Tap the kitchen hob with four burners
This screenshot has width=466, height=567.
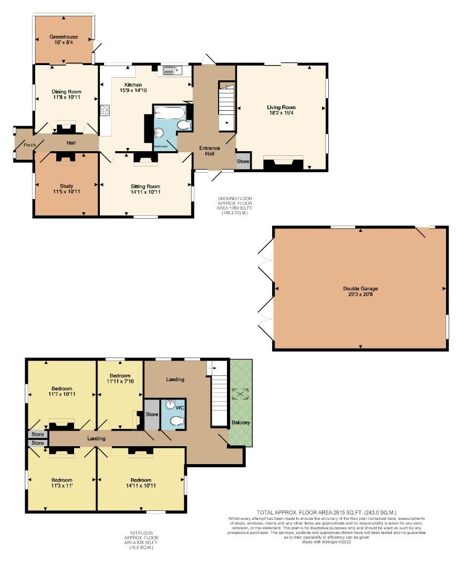105,110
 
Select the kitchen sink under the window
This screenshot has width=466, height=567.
170,70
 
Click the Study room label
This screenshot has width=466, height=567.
66,186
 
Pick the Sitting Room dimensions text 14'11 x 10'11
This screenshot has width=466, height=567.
146,192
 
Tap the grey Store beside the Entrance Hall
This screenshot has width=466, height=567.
243,162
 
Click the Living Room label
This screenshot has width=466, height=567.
281,107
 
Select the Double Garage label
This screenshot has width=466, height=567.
360,288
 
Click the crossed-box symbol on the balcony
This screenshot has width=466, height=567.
241,393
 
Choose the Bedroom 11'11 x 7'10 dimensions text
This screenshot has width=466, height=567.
120,382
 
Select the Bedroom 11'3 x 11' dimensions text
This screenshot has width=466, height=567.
62,486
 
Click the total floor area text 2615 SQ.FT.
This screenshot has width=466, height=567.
326,512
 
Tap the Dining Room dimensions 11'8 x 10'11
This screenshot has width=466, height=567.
66,98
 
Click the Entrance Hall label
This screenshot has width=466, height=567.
210,151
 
